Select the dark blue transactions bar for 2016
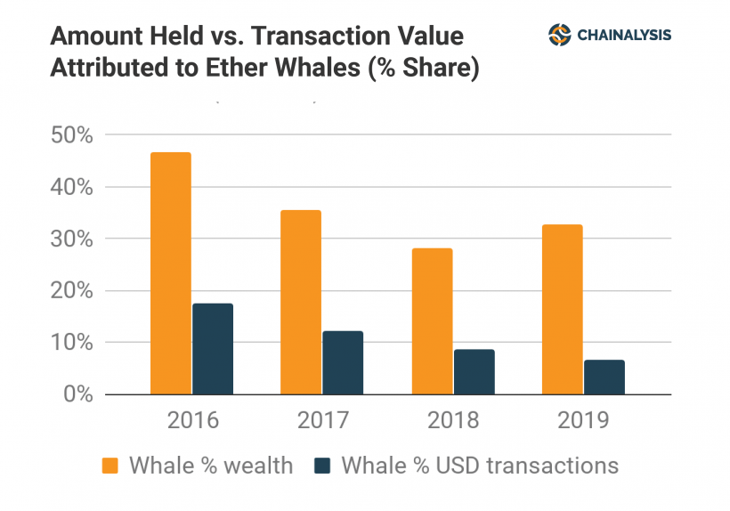213,349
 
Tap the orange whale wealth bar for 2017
301,302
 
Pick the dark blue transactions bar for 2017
343,362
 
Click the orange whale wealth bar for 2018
432,320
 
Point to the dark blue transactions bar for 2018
474,371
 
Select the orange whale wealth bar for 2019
563,309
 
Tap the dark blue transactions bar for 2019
604,377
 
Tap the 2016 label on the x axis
191,420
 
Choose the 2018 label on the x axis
453,420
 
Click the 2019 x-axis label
584,420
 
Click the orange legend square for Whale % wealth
109,466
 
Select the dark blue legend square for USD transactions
322,466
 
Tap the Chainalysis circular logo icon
559,35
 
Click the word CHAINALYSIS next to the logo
624,36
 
